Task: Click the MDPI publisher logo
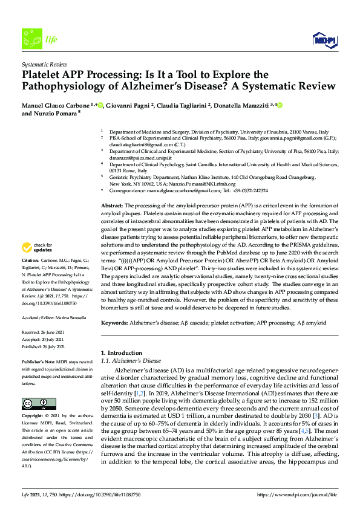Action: click(x=324, y=40)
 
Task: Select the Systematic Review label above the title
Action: click(x=45, y=63)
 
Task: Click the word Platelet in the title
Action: click(x=44, y=74)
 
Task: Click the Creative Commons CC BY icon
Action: click(x=31, y=403)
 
